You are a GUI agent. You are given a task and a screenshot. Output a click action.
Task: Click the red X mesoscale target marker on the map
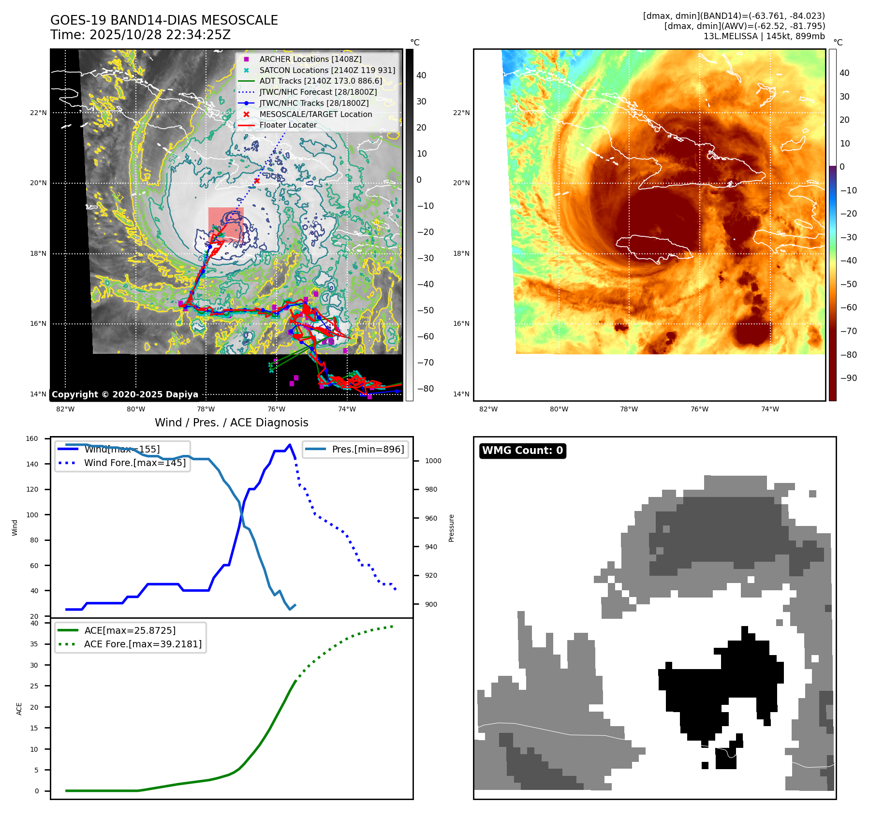click(x=257, y=181)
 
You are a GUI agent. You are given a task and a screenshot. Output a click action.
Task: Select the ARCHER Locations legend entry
click(x=310, y=59)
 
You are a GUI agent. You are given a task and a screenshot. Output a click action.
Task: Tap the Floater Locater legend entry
click(x=288, y=125)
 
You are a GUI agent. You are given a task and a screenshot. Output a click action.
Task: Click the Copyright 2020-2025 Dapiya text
click(x=125, y=394)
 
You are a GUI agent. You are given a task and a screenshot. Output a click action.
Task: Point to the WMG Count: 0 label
click(x=522, y=451)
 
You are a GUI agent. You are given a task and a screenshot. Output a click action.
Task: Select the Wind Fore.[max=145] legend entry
click(x=134, y=463)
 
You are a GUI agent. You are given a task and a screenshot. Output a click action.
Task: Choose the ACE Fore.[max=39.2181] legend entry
click(x=143, y=644)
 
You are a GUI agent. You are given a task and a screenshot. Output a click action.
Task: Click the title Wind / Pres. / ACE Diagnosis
click(x=231, y=423)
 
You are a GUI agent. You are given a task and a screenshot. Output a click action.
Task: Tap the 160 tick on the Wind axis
click(x=32, y=439)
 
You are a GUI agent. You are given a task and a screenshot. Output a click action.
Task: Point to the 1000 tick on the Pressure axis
click(x=433, y=461)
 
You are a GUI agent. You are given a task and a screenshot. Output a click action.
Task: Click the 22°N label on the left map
click(x=38, y=113)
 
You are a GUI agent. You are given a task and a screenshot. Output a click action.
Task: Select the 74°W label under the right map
click(x=770, y=409)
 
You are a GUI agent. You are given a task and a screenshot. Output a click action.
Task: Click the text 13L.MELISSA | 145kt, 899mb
click(x=764, y=36)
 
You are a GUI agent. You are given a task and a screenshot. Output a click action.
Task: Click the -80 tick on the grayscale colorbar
click(x=425, y=389)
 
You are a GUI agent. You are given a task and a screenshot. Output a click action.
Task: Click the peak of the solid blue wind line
click(x=290, y=445)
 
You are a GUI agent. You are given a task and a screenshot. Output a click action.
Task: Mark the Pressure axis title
click(x=451, y=528)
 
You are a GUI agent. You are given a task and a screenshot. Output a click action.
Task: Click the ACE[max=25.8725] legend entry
click(x=130, y=630)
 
